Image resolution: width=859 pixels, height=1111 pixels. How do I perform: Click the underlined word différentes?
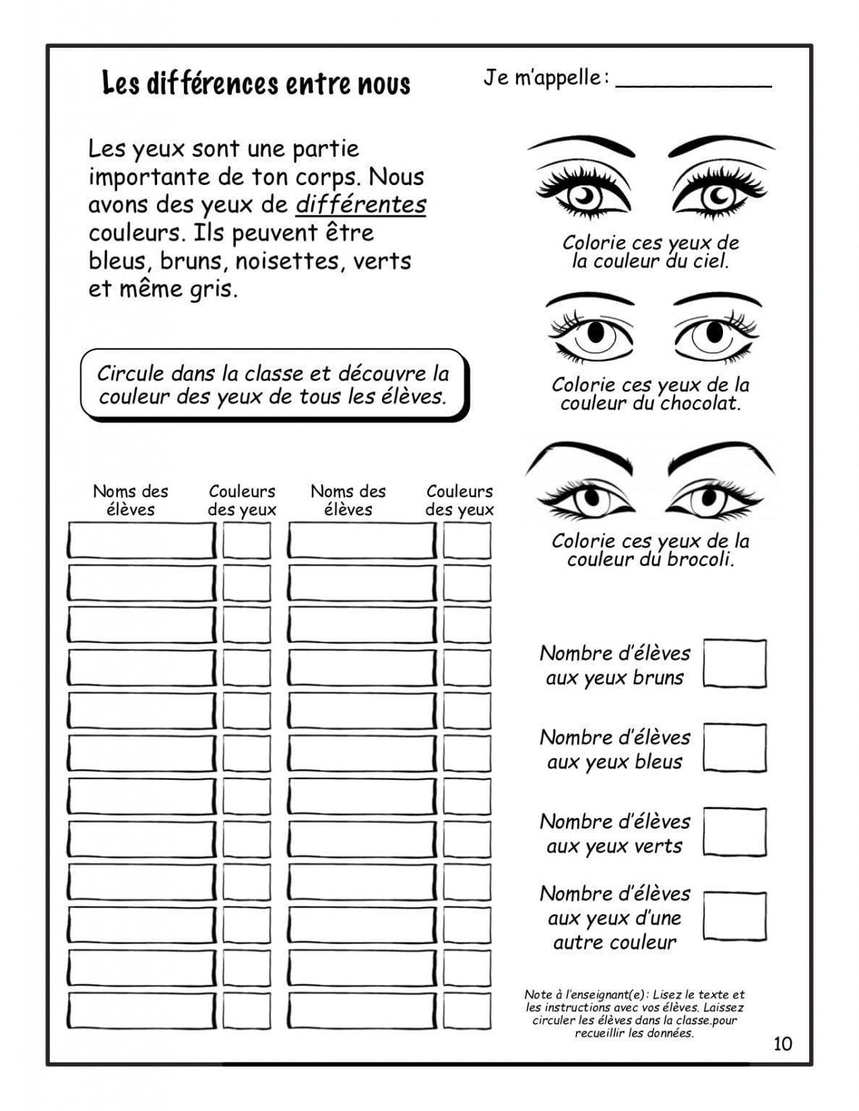click(360, 205)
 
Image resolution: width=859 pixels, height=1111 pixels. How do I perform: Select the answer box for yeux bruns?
click(735, 663)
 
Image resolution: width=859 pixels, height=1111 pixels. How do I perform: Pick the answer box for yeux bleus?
click(735, 747)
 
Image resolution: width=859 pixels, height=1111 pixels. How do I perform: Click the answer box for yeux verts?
click(735, 832)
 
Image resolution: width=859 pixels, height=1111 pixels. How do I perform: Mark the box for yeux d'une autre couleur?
click(735, 916)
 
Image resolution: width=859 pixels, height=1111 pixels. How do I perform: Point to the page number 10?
click(782, 1043)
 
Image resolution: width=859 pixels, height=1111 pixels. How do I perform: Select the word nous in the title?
click(384, 85)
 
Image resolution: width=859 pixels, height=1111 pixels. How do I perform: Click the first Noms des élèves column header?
click(130, 500)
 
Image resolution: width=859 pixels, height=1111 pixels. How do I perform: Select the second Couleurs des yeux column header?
click(460, 500)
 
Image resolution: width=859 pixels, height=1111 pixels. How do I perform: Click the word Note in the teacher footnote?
click(538, 995)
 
